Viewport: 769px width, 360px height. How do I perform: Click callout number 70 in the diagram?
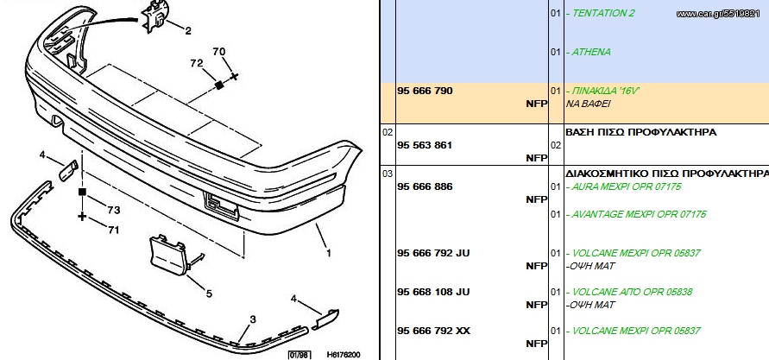coord(219,51)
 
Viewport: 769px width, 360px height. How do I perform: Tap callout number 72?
coord(197,63)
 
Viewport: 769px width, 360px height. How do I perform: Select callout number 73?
coord(114,210)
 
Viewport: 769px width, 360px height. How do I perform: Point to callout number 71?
coord(113,230)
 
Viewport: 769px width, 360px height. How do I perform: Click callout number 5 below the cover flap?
coord(209,294)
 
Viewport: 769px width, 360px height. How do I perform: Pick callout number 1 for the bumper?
coord(329,253)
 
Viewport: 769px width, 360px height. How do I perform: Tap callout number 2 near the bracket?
coord(188,31)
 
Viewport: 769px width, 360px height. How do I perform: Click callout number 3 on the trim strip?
coord(253,319)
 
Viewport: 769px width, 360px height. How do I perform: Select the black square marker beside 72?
coord(219,85)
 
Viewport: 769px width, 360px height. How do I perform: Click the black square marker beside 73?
coord(82,192)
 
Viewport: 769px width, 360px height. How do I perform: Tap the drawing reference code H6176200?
coord(344,355)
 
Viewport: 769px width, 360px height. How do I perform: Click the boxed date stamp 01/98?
coord(299,355)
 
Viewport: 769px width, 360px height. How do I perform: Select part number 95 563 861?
coord(425,145)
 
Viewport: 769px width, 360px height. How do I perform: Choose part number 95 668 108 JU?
coord(433,292)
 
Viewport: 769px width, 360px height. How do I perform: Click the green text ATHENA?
coord(591,52)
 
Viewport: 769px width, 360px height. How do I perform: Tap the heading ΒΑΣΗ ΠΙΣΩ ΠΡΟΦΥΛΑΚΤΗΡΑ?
coord(641,132)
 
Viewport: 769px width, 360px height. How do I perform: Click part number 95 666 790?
coord(425,91)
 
